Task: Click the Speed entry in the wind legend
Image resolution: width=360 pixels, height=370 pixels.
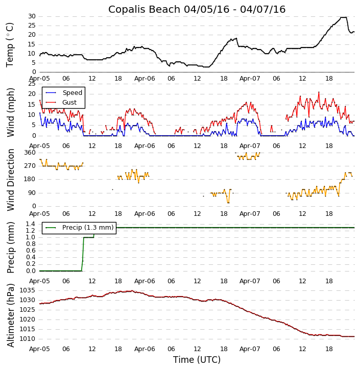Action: point(72,93)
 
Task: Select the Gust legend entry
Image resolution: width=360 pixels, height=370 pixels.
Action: point(69,103)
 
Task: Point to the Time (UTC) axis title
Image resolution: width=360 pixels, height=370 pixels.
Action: point(197,360)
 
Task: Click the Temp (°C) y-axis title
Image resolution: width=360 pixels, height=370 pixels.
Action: point(10,44)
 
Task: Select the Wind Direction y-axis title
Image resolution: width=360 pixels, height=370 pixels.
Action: point(10,180)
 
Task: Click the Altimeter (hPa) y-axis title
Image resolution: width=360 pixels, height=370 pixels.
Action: point(10,315)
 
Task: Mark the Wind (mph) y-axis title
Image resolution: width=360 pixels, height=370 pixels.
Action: point(10,112)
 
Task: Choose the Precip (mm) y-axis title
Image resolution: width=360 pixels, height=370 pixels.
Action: point(10,247)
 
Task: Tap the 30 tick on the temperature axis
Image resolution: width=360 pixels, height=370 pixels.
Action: point(31,16)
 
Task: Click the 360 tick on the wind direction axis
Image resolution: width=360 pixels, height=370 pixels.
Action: point(30,153)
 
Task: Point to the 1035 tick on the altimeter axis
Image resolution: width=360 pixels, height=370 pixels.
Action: point(28,290)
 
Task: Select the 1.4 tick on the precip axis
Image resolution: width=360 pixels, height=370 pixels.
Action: point(30,224)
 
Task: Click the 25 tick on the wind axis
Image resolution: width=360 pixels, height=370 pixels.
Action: point(31,84)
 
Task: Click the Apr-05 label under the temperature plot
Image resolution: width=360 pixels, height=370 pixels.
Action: point(40,79)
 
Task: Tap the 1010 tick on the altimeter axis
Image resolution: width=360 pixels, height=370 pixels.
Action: point(28,339)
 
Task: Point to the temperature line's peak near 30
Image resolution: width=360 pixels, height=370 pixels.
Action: point(344,17)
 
